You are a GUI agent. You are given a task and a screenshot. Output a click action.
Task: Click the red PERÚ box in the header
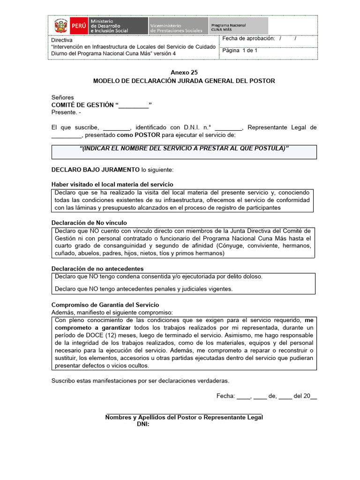[78, 26]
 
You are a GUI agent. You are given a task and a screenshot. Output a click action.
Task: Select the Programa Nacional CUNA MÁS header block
[238, 26]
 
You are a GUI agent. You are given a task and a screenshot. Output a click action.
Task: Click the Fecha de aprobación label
[248, 39]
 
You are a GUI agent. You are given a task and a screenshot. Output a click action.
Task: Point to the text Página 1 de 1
[240, 51]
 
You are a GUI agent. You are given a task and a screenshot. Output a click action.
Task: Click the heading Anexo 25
[184, 72]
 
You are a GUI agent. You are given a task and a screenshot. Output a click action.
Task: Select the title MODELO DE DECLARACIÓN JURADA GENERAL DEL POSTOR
[184, 81]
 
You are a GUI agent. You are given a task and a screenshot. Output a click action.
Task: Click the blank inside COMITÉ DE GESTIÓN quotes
[134, 105]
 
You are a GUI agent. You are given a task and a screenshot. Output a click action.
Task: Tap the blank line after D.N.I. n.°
[228, 127]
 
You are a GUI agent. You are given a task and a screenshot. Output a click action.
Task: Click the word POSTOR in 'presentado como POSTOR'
[148, 135]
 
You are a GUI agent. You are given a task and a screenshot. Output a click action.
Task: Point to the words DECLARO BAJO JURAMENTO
[95, 169]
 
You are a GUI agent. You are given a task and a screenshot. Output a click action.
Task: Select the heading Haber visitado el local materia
[112, 184]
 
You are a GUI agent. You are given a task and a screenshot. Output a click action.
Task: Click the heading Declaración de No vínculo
[89, 223]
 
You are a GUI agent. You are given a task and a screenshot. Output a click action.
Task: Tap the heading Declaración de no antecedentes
[97, 269]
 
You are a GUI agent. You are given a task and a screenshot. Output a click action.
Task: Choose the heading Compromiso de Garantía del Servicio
[105, 305]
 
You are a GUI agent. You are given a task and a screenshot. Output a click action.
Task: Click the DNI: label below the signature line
[143, 424]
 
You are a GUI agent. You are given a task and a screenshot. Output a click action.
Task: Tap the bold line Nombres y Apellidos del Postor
[184, 417]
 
